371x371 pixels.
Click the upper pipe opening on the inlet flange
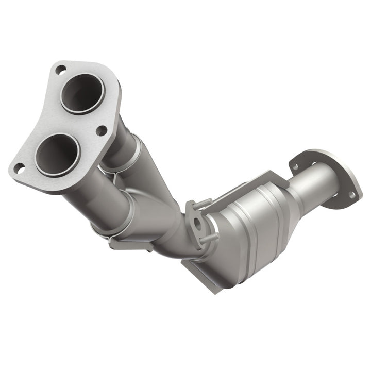[x=82, y=93]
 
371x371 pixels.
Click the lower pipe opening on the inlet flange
[x=57, y=154]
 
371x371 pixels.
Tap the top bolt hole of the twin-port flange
[x=60, y=69]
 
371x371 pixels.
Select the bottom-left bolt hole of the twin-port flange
[x=19, y=167]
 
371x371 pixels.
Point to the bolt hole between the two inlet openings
[x=102, y=130]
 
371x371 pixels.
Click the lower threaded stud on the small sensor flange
[x=209, y=238]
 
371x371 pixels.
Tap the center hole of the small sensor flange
[x=198, y=225]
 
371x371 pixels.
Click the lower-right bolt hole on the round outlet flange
[x=351, y=195]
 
